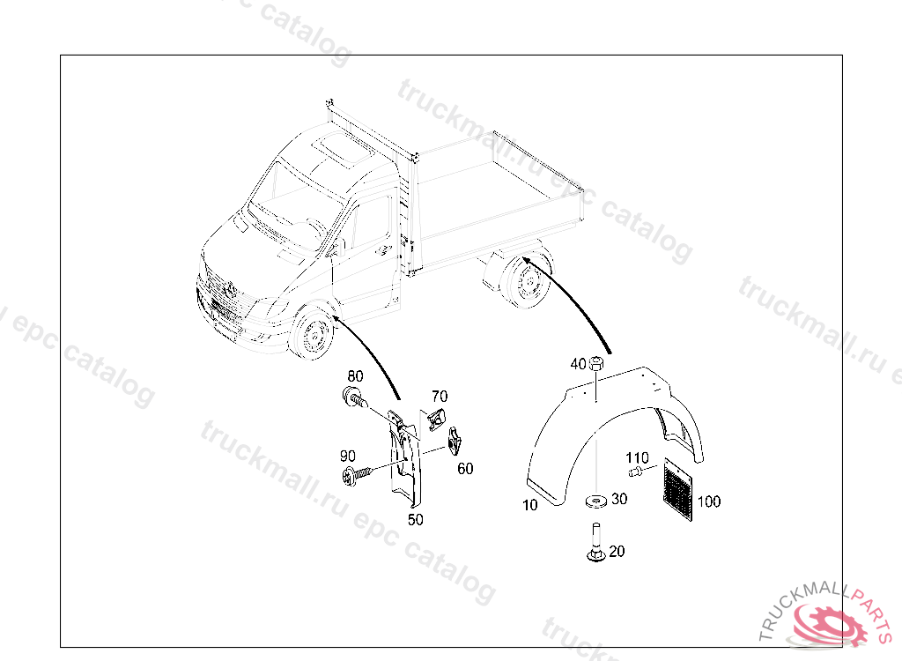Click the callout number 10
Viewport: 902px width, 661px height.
tap(529, 505)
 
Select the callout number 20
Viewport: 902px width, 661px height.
tap(617, 551)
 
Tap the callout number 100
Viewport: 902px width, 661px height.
tap(709, 501)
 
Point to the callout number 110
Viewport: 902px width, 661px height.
tap(638, 457)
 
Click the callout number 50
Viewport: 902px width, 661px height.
tap(416, 519)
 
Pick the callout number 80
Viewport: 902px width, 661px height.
tap(356, 376)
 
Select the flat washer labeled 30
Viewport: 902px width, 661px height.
tap(597, 501)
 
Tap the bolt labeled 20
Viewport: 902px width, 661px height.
tap(596, 542)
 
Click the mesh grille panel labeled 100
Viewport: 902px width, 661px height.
tap(679, 489)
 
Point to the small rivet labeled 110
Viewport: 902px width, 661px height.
tap(634, 472)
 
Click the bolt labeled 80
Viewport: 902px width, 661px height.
tap(354, 397)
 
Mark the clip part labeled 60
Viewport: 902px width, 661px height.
tap(455, 441)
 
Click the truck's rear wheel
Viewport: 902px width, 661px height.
tap(524, 282)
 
